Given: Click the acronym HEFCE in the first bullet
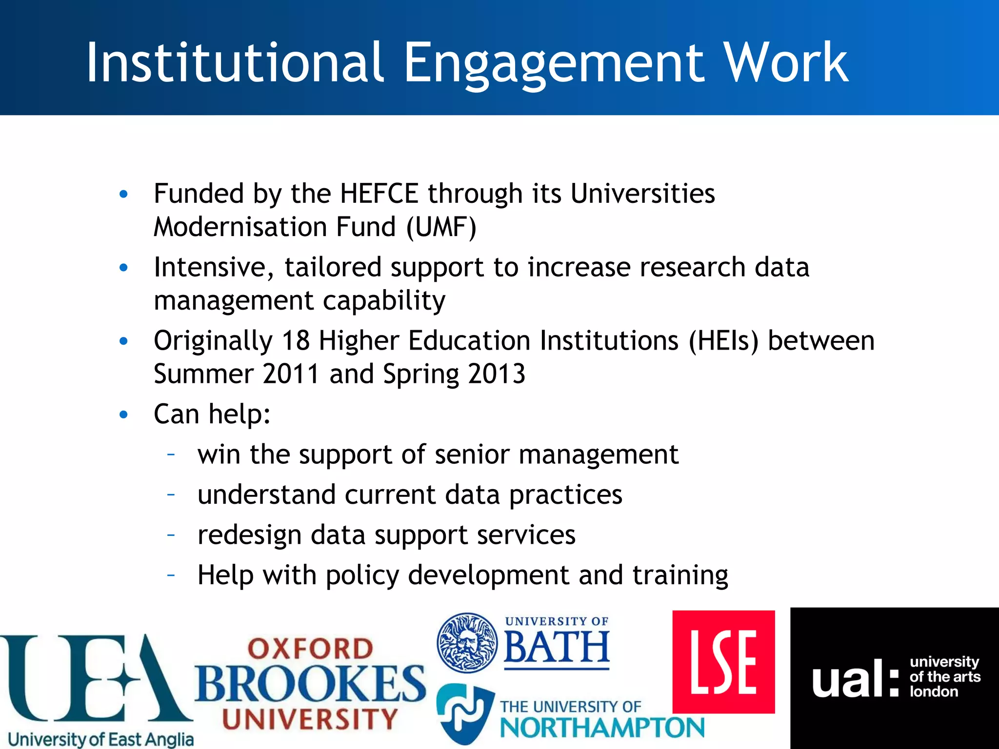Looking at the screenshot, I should (x=379, y=194).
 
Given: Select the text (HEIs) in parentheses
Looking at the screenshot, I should (x=723, y=340).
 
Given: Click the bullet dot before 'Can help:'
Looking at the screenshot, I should (x=124, y=414).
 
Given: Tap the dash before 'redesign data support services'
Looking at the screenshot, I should (x=171, y=535).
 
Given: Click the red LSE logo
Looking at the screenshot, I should (x=723, y=662).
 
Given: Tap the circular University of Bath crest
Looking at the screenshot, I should (x=467, y=643).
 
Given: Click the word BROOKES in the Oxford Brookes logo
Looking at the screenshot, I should (x=311, y=683).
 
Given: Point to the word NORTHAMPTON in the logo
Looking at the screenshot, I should (x=602, y=729).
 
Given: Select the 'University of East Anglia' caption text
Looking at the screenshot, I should (x=101, y=739).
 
